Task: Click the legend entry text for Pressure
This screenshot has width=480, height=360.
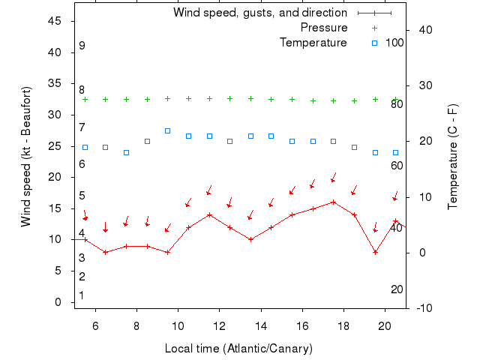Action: [324, 28]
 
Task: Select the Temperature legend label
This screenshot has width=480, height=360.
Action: [313, 43]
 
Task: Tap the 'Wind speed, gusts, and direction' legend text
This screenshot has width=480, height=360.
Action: [259, 13]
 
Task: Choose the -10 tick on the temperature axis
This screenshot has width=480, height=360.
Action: [422, 308]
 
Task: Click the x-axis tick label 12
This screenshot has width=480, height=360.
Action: [220, 326]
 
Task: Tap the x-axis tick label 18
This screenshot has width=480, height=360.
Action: [343, 326]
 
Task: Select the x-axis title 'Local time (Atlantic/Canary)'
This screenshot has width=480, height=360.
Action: [238, 349]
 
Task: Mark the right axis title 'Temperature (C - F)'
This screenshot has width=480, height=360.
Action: [453, 156]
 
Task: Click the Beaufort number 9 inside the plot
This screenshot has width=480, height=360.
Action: [82, 46]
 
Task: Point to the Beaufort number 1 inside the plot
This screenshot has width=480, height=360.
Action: [82, 295]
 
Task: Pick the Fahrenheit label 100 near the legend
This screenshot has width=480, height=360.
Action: [394, 43]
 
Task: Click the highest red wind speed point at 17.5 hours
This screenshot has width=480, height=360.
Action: [333, 202]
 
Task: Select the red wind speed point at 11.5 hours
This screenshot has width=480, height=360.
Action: [209, 214]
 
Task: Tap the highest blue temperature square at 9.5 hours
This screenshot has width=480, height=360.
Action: [168, 130]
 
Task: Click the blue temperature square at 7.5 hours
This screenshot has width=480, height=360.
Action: [126, 152]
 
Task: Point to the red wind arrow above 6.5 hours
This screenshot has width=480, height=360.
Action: [106, 226]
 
